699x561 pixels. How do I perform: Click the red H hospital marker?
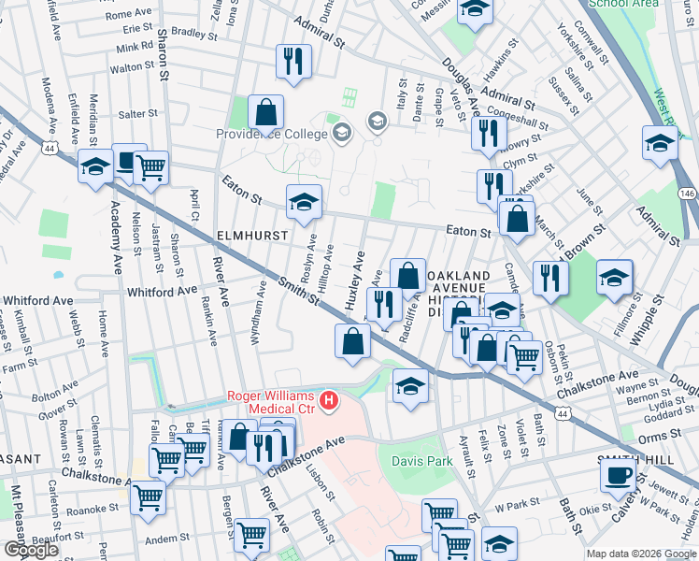328,402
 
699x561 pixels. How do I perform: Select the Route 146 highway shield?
687,193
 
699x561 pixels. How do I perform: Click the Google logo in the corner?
31,550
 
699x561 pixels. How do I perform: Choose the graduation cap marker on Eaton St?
303,202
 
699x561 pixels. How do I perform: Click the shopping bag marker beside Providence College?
266,112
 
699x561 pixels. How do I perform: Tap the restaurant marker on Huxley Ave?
381,303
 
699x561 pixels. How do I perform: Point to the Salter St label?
138,114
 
